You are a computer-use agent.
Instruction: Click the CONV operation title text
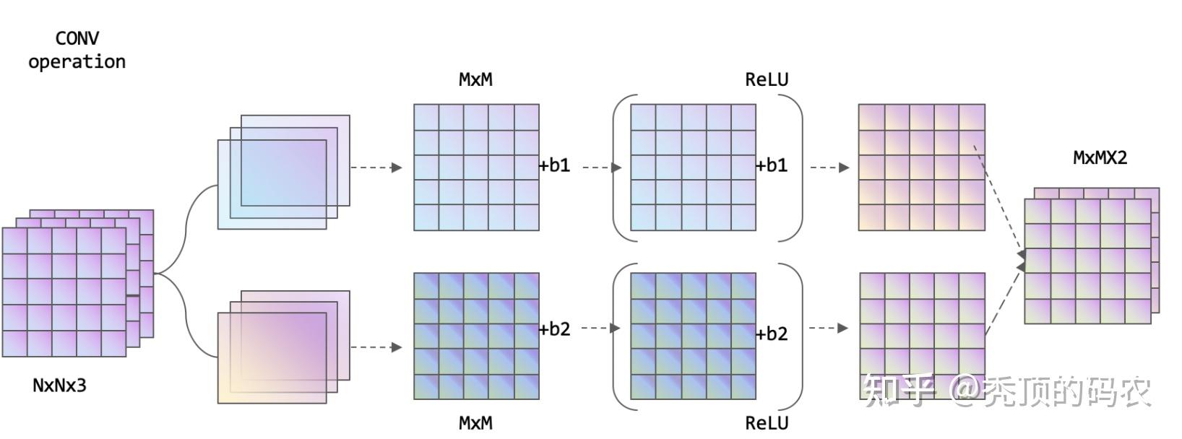(77, 50)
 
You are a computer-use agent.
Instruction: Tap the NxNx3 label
(59, 386)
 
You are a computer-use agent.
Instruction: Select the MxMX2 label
(1100, 157)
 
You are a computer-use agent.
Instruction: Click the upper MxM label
(475, 79)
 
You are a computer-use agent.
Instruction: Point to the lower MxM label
(475, 422)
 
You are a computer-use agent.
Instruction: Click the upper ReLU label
(767, 79)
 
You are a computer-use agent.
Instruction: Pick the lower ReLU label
(767, 422)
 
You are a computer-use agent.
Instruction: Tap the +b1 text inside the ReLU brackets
(772, 165)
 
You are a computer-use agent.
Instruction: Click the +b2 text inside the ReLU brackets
(772, 334)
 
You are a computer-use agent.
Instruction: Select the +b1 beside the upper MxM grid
(554, 165)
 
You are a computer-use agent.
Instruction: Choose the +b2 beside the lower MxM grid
(554, 329)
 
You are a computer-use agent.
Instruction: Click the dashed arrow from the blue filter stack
(376, 168)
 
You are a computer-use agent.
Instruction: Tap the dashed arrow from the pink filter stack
(376, 347)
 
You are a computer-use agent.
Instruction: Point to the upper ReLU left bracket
(618, 168)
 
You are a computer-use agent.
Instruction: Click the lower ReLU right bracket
(797, 336)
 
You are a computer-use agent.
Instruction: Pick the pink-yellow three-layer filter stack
(283, 347)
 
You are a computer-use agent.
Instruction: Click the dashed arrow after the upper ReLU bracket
(829, 168)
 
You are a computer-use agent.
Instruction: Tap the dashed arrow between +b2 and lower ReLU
(600, 328)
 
